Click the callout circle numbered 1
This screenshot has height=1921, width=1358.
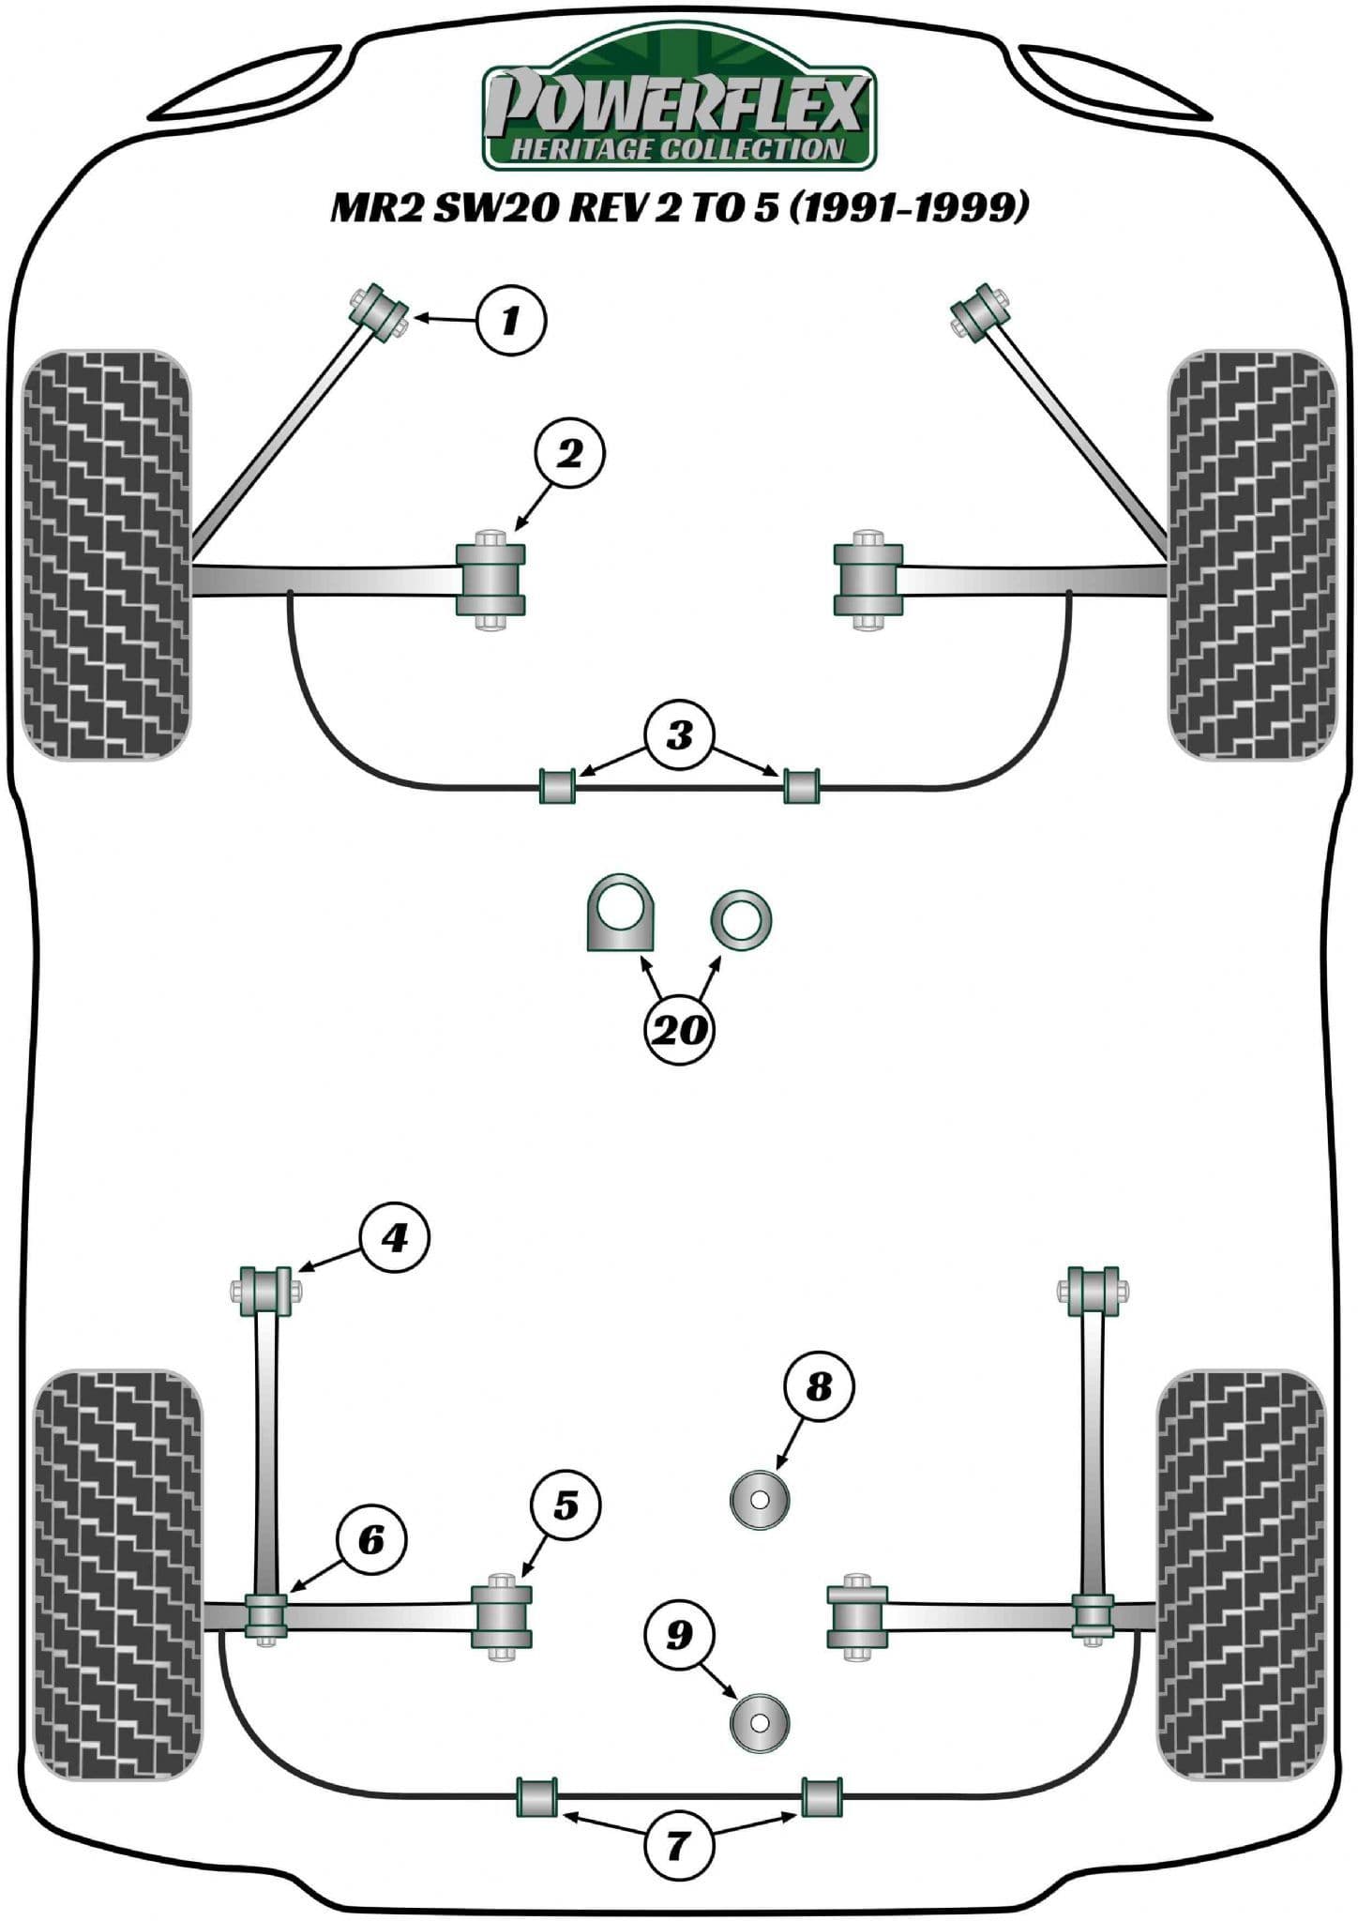click(x=510, y=321)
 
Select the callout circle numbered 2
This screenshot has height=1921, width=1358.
click(x=569, y=455)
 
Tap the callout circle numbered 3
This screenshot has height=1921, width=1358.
click(x=679, y=734)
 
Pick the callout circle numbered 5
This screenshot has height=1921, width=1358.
click(x=565, y=1505)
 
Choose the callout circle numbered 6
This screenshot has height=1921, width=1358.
click(x=371, y=1539)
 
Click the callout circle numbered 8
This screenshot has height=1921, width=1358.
click(x=819, y=1385)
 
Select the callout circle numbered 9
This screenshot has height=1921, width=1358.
click(x=678, y=1635)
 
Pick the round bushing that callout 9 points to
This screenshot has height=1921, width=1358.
click(x=760, y=1721)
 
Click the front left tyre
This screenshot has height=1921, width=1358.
click(x=106, y=555)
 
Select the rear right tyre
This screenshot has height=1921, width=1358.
click(x=1240, y=1576)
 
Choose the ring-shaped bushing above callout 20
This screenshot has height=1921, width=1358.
click(x=741, y=918)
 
